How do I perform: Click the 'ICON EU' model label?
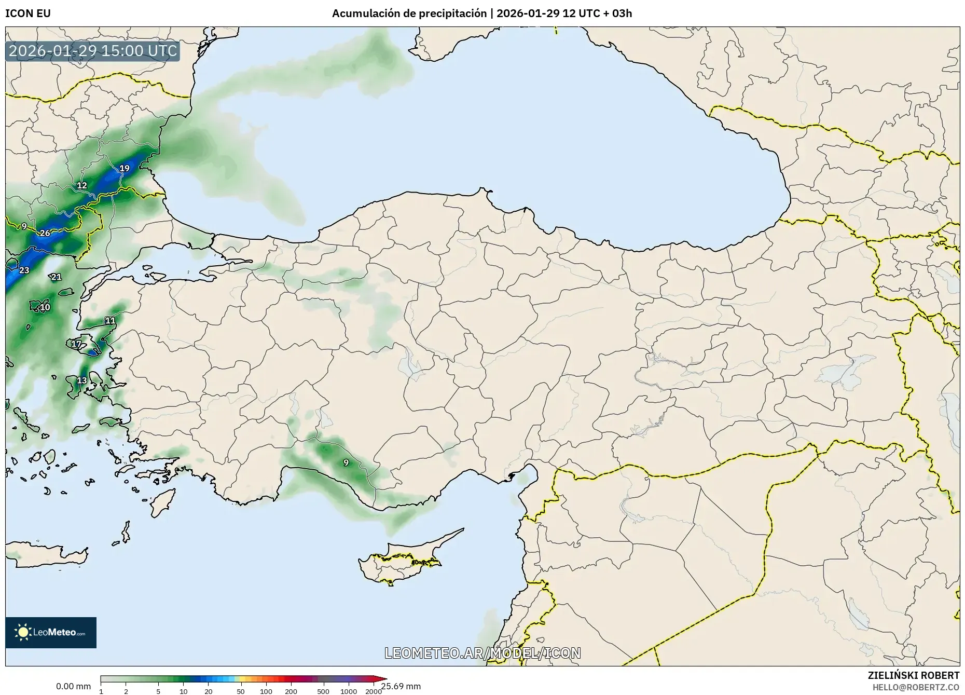[28, 13]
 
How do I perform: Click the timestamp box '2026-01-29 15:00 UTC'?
[93, 51]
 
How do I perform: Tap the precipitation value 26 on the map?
[45, 233]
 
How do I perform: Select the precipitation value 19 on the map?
[125, 168]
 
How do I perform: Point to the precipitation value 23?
[24, 270]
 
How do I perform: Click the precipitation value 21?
[56, 277]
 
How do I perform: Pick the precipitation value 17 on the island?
[76, 344]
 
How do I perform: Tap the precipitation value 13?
[82, 380]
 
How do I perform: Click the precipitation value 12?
[82, 185]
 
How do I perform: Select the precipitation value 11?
[110, 321]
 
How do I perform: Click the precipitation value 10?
[45, 307]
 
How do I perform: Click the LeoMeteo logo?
[51, 632]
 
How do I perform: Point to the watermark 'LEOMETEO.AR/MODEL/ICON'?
[482, 653]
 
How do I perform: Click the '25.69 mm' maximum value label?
[401, 686]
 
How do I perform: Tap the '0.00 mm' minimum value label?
[73, 686]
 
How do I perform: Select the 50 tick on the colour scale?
[240, 691]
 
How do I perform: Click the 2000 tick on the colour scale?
[374, 691]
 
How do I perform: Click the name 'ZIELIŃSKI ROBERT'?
[913, 675]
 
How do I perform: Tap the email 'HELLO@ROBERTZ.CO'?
[916, 687]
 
